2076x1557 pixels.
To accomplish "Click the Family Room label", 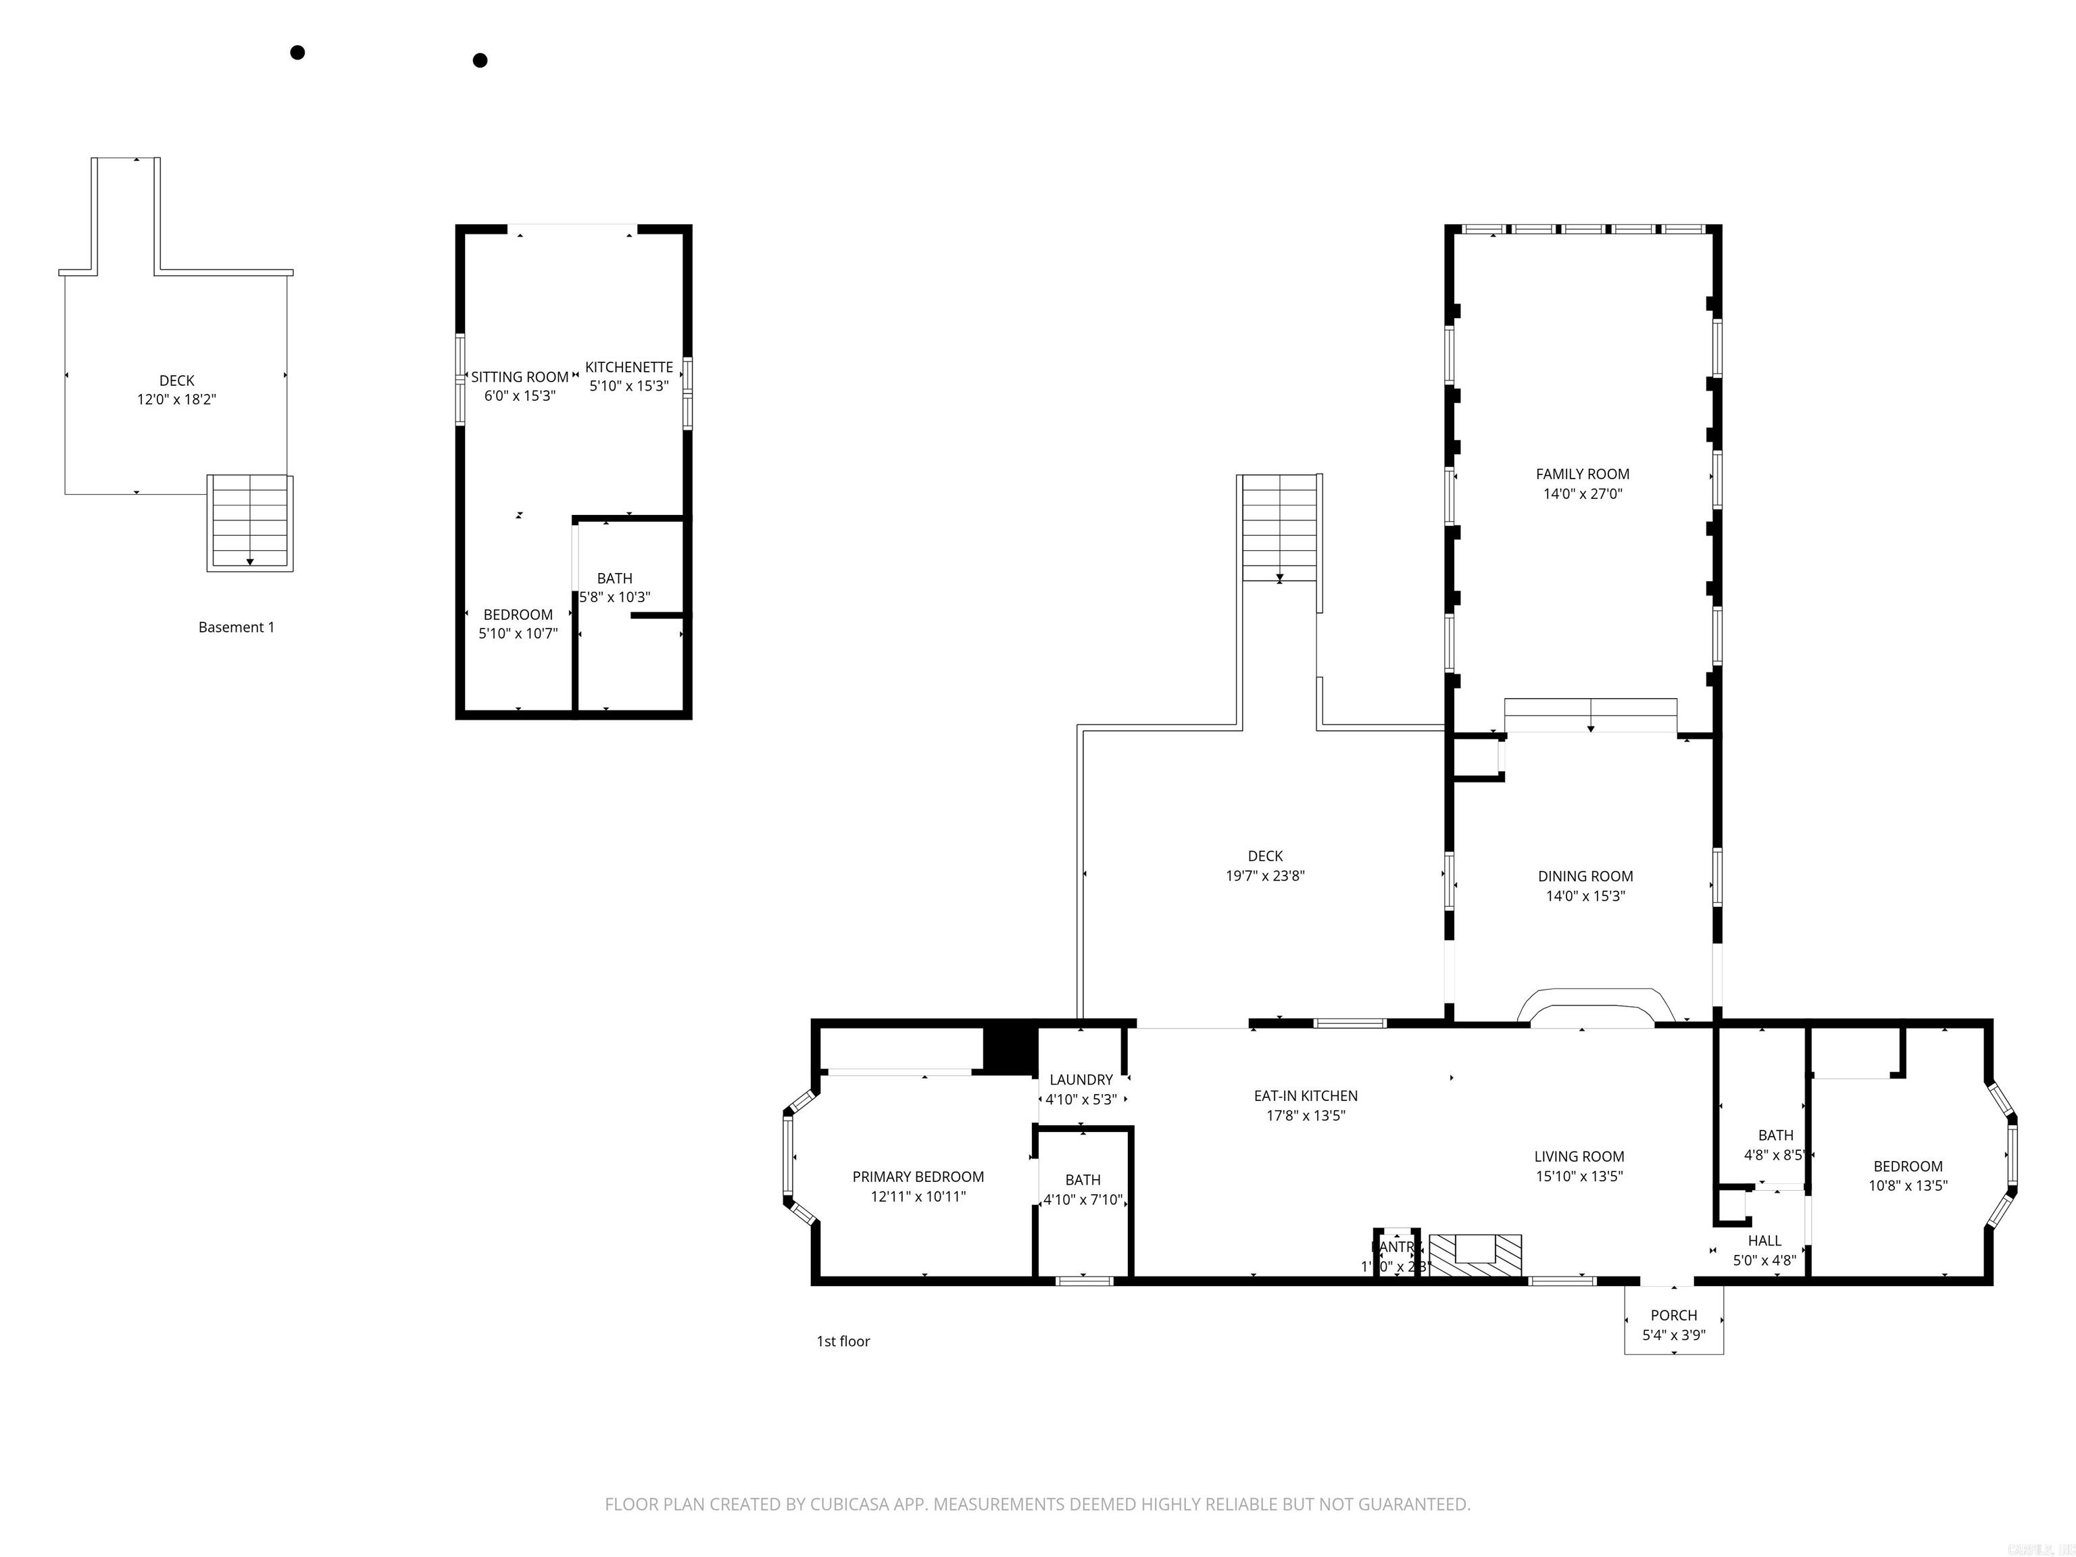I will pyautogui.click(x=1582, y=474).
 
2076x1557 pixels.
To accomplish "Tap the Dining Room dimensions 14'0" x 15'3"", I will pyautogui.click(x=1585, y=895).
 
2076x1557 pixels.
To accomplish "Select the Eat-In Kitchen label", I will pyautogui.click(x=1306, y=1095).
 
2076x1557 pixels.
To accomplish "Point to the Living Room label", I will pyautogui.click(x=1579, y=1156).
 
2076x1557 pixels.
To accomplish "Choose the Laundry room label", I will pyautogui.click(x=1081, y=1079).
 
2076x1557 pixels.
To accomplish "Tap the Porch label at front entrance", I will pyautogui.click(x=1673, y=1315).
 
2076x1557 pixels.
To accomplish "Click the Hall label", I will pyautogui.click(x=1764, y=1241).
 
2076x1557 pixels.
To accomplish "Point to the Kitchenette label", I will pyautogui.click(x=628, y=367).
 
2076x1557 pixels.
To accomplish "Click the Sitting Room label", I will pyautogui.click(x=520, y=376).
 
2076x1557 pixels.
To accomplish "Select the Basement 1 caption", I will pyautogui.click(x=237, y=627).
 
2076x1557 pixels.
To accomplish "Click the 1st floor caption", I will pyautogui.click(x=843, y=1341).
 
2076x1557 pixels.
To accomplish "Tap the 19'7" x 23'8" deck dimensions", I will pyautogui.click(x=1265, y=876).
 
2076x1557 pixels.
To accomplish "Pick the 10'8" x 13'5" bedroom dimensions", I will pyautogui.click(x=1907, y=1185).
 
